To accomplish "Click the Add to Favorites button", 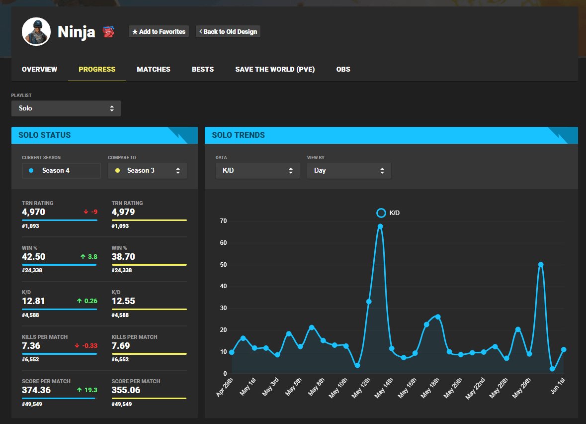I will pyautogui.click(x=159, y=31).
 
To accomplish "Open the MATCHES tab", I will pyautogui.click(x=154, y=69).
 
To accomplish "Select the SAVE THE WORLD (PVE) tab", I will pyautogui.click(x=275, y=69).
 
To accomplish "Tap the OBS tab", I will pyautogui.click(x=343, y=69).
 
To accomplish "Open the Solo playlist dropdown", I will pyautogui.click(x=66, y=108).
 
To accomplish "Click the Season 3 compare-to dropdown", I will pyautogui.click(x=147, y=170).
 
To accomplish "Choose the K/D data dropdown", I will pyautogui.click(x=257, y=170).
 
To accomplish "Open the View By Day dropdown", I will pyautogui.click(x=349, y=170).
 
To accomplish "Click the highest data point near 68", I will pyautogui.click(x=380, y=226).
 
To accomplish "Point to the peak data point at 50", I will pyautogui.click(x=541, y=265).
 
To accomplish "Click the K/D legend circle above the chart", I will pyautogui.click(x=381, y=213).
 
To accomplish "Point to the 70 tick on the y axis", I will pyautogui.click(x=223, y=221).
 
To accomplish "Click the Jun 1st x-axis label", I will pyautogui.click(x=558, y=386).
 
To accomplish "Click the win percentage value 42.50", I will pyautogui.click(x=34, y=257).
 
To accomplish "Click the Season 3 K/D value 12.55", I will pyautogui.click(x=123, y=301).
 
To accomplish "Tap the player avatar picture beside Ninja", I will pyautogui.click(x=36, y=31).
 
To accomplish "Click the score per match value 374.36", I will pyautogui.click(x=36, y=390).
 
